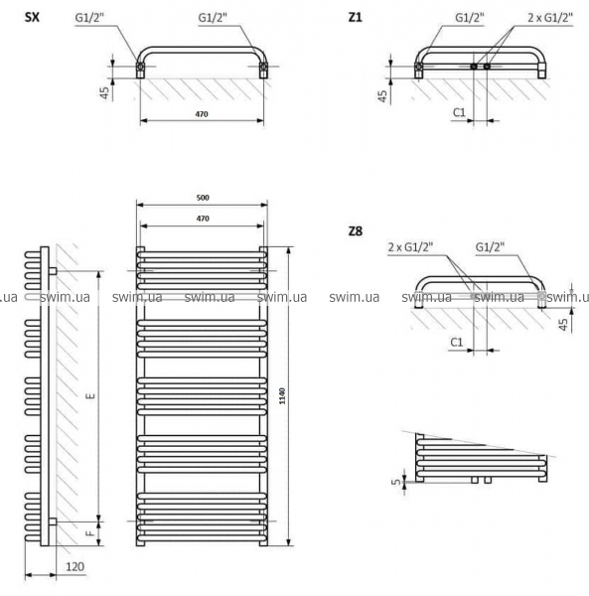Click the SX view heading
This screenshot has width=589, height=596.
tap(32, 18)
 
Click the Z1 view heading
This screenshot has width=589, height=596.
tap(356, 18)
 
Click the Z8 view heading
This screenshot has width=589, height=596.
tap(356, 231)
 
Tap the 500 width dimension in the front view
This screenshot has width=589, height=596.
tap(203, 198)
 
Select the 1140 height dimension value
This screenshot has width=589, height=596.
tap(282, 396)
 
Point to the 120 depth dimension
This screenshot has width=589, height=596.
tap(74, 567)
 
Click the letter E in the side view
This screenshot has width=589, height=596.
tap(91, 396)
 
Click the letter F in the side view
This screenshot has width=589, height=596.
tap(91, 532)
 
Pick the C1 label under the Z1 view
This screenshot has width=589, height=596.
tap(460, 112)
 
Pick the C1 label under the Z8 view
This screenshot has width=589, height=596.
tap(457, 342)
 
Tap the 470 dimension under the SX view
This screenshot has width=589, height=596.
tap(202, 114)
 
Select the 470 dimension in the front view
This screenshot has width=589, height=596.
tap(203, 219)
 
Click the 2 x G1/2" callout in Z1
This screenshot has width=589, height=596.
tap(550, 18)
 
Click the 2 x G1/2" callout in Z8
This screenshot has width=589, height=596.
tap(410, 247)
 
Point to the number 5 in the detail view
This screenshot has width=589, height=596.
tap(397, 482)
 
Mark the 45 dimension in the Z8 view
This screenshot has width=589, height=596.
tap(563, 324)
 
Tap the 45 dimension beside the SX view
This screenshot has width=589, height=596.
tap(104, 93)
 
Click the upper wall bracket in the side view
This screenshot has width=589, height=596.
tap(53, 271)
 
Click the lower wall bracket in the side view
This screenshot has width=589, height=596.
tap(53, 521)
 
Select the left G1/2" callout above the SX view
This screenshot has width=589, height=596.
tap(89, 18)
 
